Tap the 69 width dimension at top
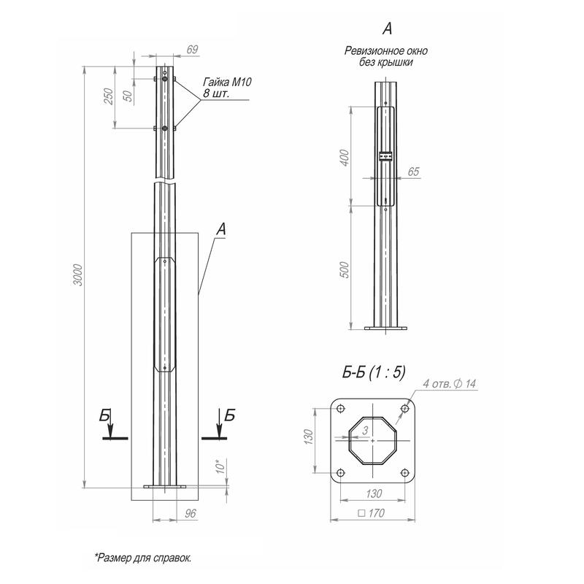pyautogui.click(x=193, y=50)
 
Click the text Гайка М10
pyautogui.click(x=226, y=83)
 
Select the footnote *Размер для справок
pyautogui.click(x=142, y=558)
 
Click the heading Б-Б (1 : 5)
pyautogui.click(x=373, y=372)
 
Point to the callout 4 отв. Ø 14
pyautogui.click(x=449, y=384)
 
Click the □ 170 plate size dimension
pyautogui.click(x=372, y=513)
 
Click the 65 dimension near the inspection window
pyautogui.click(x=413, y=172)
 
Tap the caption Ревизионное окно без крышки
pyautogui.click(x=386, y=57)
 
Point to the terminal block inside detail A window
pyautogui.click(x=386, y=155)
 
